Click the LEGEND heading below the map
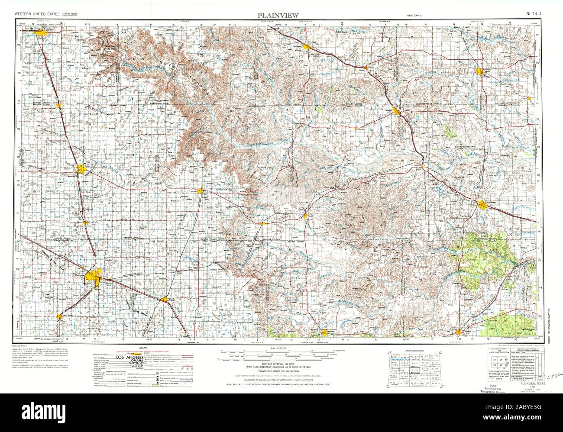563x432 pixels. click(x=142, y=348)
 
